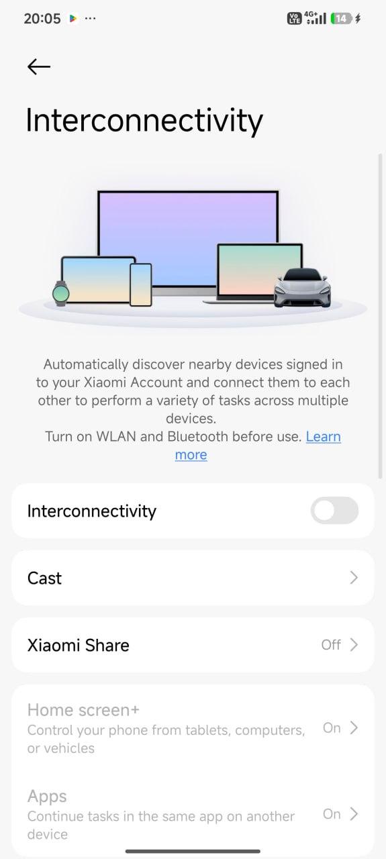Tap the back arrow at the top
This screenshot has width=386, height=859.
(39, 66)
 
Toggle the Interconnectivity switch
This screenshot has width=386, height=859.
(334, 511)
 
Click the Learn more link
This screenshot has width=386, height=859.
(258, 446)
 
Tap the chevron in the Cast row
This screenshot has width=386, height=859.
(354, 578)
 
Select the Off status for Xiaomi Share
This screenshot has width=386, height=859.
(331, 645)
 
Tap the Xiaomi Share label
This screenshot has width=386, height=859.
(79, 645)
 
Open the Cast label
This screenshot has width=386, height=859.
(44, 578)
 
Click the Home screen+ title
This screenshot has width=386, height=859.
(83, 710)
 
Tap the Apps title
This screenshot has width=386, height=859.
(47, 797)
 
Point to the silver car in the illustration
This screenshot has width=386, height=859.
(302, 288)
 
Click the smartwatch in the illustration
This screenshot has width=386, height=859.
(60, 293)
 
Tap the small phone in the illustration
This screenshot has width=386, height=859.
(141, 285)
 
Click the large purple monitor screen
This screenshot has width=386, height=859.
(188, 238)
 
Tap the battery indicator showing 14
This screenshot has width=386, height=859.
(341, 18)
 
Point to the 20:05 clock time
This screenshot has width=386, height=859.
(42, 18)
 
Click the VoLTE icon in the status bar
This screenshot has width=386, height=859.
(294, 18)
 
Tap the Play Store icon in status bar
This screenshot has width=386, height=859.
(73, 18)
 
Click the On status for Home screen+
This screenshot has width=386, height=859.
(332, 727)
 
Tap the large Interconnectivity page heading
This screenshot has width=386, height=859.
(144, 120)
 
